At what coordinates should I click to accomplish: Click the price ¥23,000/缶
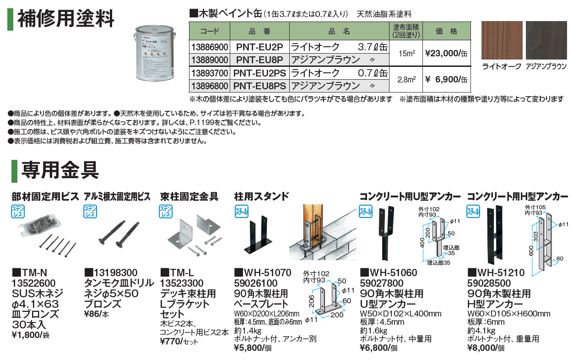coord(446,54)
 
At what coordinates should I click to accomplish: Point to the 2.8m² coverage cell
coord(407,79)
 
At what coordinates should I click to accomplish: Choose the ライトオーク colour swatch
coord(501,40)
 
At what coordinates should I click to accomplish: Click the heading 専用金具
coord(60,169)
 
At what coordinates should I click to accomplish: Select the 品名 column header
coord(339,32)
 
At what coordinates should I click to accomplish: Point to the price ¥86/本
coord(97,314)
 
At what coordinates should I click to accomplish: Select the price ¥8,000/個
coord(486,349)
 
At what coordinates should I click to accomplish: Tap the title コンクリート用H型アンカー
coord(517,197)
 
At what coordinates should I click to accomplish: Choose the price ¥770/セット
coord(179,341)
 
